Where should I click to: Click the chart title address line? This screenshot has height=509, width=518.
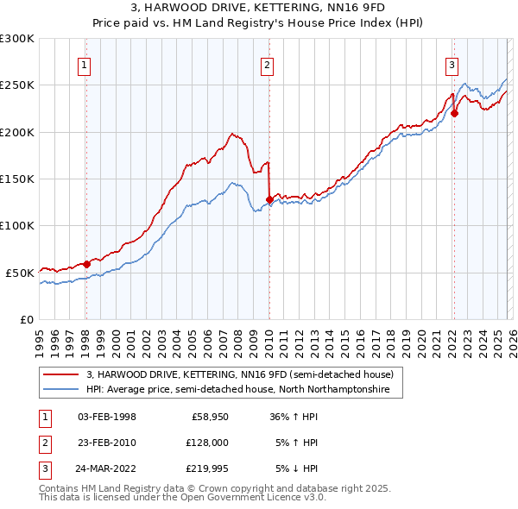(x=258, y=9)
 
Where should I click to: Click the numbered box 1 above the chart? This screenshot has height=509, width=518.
(x=85, y=64)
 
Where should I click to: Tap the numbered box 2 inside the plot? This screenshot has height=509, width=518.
(x=268, y=64)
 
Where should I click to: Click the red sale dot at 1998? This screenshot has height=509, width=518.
(x=86, y=264)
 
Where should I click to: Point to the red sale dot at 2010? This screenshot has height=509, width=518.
(x=269, y=199)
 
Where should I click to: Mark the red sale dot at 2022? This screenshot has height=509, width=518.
(x=454, y=113)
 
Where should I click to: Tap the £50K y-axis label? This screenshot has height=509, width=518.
(x=20, y=273)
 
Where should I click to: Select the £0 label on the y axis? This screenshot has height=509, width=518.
(x=26, y=319)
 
